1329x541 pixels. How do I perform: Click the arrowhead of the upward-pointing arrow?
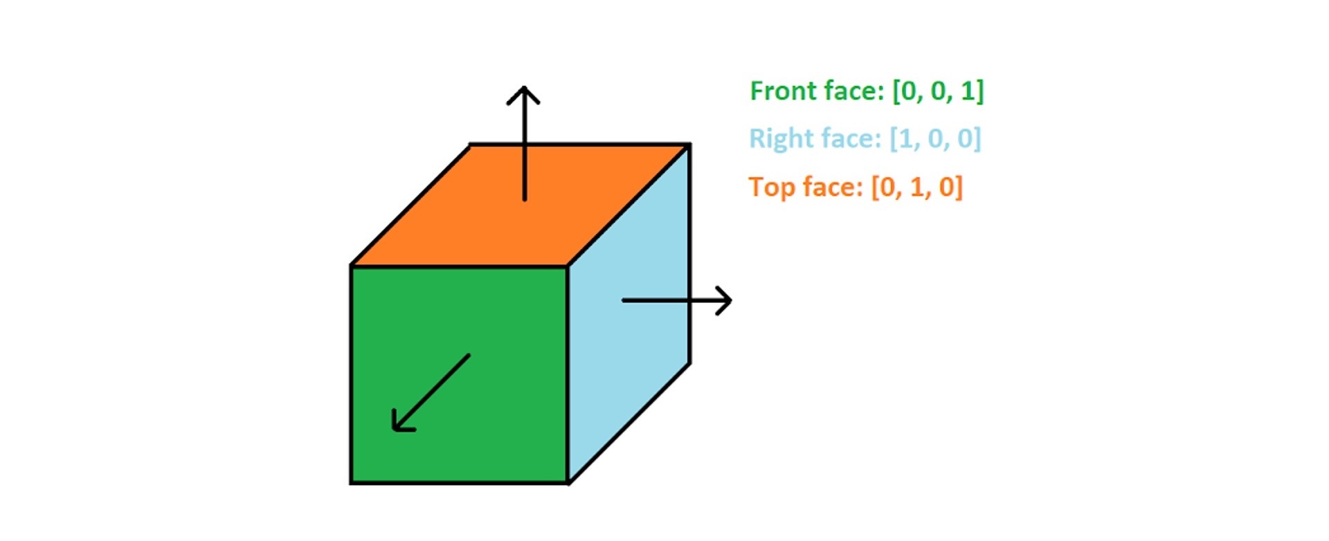pos(524,94)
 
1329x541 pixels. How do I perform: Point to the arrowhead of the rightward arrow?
pos(724,300)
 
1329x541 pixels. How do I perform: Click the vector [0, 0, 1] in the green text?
pos(938,91)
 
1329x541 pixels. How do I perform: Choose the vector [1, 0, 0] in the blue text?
pos(935,138)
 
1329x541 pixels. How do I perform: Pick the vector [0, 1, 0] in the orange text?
pos(916,187)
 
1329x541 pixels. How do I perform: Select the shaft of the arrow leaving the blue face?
pos(676,300)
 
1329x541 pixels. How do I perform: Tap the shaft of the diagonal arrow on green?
pos(431,393)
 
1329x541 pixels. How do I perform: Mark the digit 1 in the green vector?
pos(967,91)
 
